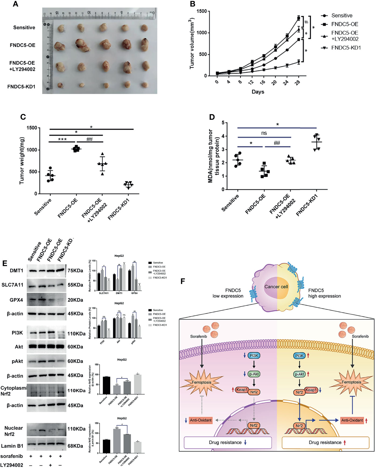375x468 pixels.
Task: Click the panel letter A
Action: pyautogui.click(x=16, y=4)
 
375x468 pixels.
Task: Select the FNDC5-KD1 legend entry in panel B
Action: pyautogui.click(x=346, y=48)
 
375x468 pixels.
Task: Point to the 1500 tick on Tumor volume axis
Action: pyautogui.click(x=202, y=11)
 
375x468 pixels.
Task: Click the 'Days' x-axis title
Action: pyautogui.click(x=258, y=92)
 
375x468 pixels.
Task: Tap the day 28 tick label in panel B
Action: pyautogui.click(x=297, y=82)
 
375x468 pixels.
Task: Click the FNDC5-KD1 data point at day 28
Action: pyautogui.click(x=298, y=62)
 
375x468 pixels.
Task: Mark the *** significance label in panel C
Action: pyautogui.click(x=62, y=139)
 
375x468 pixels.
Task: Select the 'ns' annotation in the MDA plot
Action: pyautogui.click(x=264, y=133)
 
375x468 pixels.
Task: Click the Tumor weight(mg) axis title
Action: pyautogui.click(x=22, y=161)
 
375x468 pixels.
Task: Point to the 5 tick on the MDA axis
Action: pyautogui.click(x=223, y=123)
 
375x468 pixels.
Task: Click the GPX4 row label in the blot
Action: pyautogui.click(x=16, y=300)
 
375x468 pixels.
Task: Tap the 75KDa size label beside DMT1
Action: pyautogui.click(x=75, y=271)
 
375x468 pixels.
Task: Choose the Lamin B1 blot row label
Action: pyautogui.click(x=12, y=446)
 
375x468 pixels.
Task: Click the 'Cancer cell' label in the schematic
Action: pyautogui.click(x=276, y=287)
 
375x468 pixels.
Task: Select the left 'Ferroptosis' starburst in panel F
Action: pyautogui.click(x=203, y=382)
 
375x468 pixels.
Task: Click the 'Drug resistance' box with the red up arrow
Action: pyautogui.click(x=325, y=442)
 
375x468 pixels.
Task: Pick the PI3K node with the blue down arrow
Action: pyautogui.click(x=254, y=356)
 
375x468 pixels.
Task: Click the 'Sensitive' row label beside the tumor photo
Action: pyautogui.click(x=24, y=27)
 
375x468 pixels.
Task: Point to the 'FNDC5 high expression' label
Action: pyautogui.click(x=324, y=293)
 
